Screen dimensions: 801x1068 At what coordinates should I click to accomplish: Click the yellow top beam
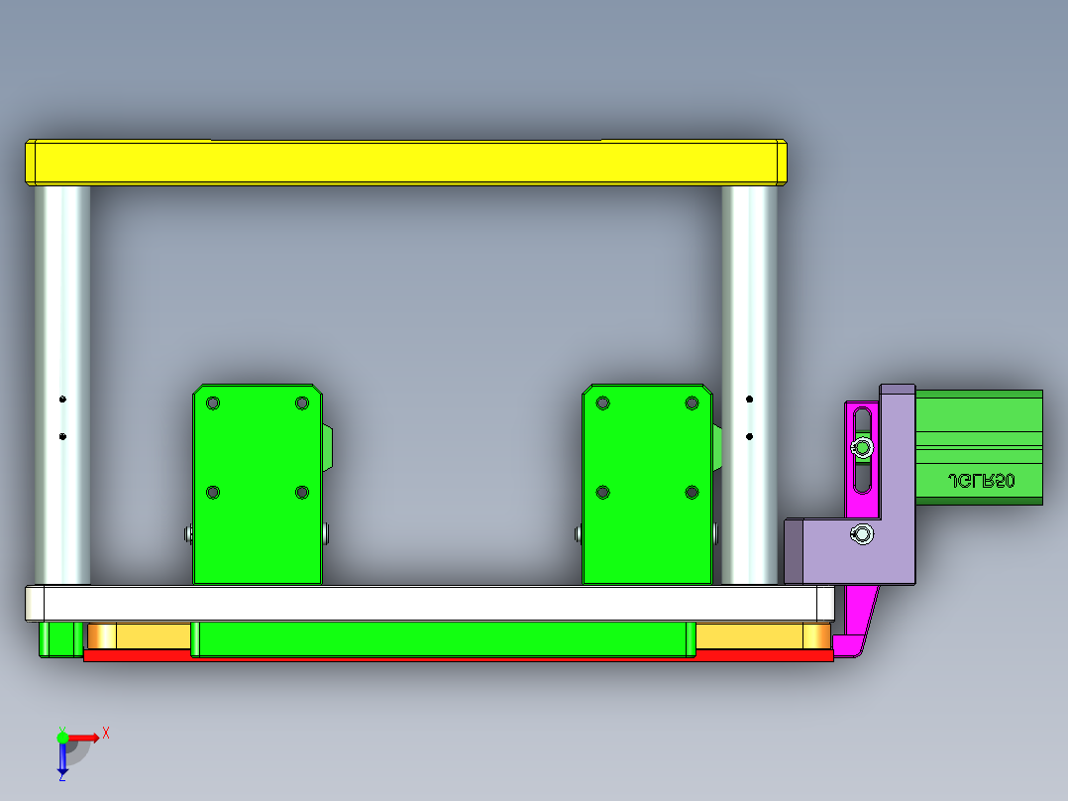pyautogui.click(x=406, y=163)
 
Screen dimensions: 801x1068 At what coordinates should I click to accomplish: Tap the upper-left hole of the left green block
pyautogui.click(x=212, y=403)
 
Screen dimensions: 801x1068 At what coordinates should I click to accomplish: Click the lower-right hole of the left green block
pyautogui.click(x=302, y=492)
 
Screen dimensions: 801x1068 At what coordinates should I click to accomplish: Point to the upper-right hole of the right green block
pyautogui.click(x=692, y=403)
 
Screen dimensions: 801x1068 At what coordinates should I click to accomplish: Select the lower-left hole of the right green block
pyautogui.click(x=601, y=492)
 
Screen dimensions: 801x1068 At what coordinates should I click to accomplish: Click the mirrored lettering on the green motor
pyautogui.click(x=981, y=481)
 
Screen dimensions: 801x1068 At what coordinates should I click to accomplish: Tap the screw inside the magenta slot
pyautogui.click(x=863, y=449)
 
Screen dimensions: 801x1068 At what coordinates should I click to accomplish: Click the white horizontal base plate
pyautogui.click(x=426, y=603)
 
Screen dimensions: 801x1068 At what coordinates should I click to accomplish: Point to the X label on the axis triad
pyautogui.click(x=106, y=734)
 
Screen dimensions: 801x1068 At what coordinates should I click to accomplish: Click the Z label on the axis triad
pyautogui.click(x=61, y=776)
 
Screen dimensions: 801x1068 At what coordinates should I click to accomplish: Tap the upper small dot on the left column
pyautogui.click(x=62, y=400)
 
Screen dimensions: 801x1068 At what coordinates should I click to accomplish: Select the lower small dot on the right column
pyautogui.click(x=750, y=436)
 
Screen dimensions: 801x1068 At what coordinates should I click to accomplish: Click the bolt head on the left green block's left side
pyautogui.click(x=188, y=534)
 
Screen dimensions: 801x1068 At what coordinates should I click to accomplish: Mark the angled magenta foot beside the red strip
pyautogui.click(x=854, y=634)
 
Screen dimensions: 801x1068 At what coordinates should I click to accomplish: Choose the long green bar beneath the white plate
pyautogui.click(x=441, y=639)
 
